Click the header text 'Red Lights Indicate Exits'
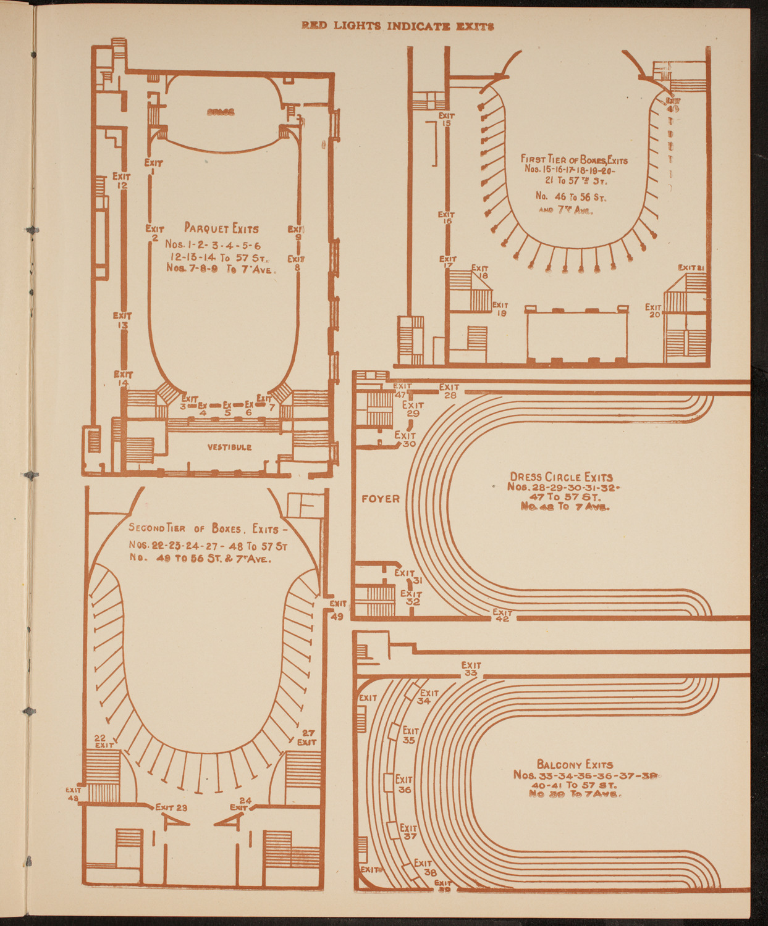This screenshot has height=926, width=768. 397,26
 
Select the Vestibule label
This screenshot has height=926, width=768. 229,447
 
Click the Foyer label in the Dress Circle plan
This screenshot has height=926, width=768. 380,499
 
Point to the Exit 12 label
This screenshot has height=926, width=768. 121,181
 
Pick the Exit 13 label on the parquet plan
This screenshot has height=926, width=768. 122,320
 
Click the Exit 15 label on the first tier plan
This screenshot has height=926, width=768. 446,119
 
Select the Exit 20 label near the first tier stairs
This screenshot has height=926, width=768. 654,311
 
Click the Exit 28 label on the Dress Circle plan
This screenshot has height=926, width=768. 449,391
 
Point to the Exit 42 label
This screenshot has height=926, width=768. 502,615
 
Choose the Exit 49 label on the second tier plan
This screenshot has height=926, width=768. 337,609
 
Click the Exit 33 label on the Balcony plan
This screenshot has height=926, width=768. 471,669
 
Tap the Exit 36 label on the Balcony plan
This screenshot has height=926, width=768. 404,784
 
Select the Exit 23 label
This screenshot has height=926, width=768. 171,807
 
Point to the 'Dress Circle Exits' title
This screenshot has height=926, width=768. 561,477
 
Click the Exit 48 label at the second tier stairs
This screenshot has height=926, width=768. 74,793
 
